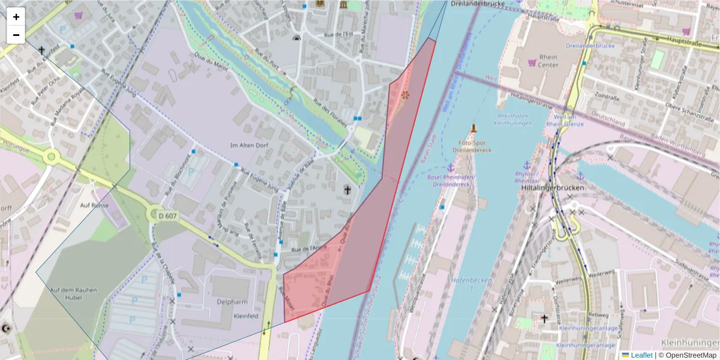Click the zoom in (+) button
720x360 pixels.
click(x=16, y=17)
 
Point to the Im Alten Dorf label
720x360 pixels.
click(x=251, y=145)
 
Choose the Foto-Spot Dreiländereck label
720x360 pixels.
click(x=472, y=146)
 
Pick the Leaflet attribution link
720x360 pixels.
click(x=641, y=355)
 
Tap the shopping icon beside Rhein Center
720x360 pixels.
click(x=532, y=62)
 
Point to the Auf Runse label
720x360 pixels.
click(x=94, y=205)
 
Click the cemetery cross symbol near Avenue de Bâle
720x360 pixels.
click(x=347, y=190)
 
